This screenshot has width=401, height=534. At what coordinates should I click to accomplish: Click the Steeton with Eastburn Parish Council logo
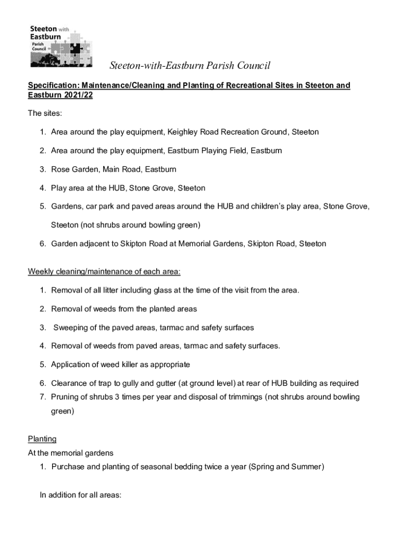click(61, 46)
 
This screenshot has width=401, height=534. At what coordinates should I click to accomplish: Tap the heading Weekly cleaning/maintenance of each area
click(104, 272)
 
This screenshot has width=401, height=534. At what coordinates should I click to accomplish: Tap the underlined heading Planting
click(42, 439)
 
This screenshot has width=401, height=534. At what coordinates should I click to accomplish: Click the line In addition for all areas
click(81, 495)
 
